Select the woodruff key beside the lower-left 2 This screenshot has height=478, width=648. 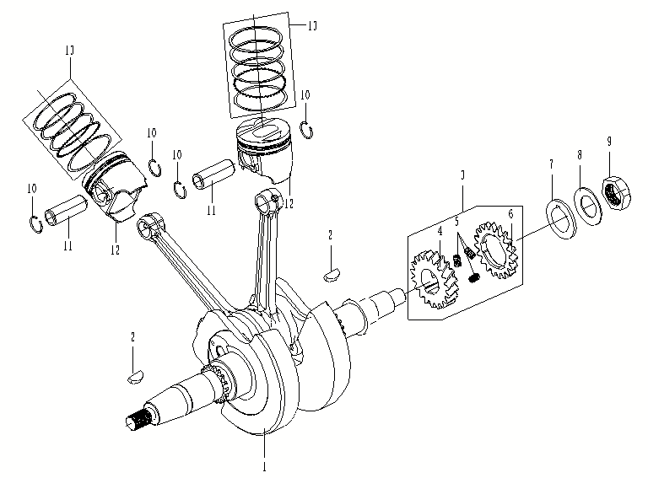pyautogui.click(x=134, y=375)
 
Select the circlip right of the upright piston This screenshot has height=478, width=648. pyautogui.click(x=307, y=129)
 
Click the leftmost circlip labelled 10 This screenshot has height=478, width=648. pyautogui.click(x=34, y=223)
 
